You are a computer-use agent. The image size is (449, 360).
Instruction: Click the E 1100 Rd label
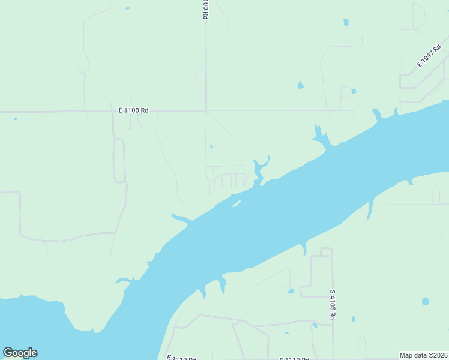pyautogui.click(x=133, y=110)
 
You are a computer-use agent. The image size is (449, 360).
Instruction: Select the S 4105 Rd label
pyautogui.click(x=333, y=304)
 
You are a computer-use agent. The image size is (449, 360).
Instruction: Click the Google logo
pyautogui.click(x=20, y=353)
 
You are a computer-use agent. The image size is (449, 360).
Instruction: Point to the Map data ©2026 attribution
pyautogui.click(x=424, y=355)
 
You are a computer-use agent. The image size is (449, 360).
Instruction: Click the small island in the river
pyautogui.click(x=237, y=203)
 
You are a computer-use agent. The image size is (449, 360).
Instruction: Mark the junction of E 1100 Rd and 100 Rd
pyautogui.click(x=206, y=111)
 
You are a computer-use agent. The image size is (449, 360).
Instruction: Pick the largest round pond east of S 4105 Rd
pyautogui.click(x=426, y=301)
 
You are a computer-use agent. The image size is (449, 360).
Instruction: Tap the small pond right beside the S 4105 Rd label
pyautogui.click(x=353, y=319)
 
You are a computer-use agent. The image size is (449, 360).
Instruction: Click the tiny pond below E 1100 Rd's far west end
pyautogui.click(x=16, y=119)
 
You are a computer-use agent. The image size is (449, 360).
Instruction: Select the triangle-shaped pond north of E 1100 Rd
pyautogui.click(x=300, y=85)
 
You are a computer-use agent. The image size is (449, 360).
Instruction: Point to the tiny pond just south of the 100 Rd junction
pyautogui.click(x=212, y=146)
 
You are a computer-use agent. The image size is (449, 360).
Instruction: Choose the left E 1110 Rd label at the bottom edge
pyautogui.click(x=182, y=358)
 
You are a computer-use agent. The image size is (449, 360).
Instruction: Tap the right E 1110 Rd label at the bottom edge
pyautogui.click(x=294, y=358)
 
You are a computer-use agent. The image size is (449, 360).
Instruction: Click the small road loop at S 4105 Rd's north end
pyautogui.click(x=327, y=251)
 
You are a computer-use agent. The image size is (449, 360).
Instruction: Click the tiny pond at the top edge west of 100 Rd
pyautogui.click(x=127, y=8)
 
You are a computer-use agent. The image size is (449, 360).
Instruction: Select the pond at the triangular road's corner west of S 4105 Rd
pyautogui.click(x=291, y=292)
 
